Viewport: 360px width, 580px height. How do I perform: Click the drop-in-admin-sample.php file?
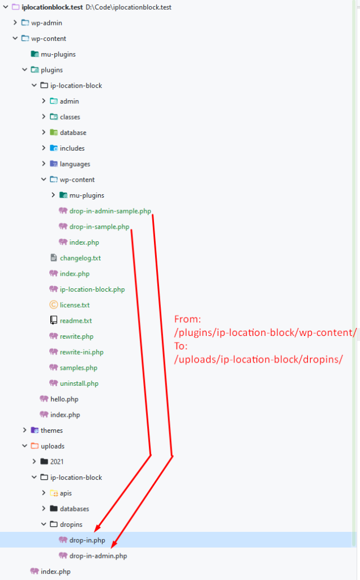pos(110,211)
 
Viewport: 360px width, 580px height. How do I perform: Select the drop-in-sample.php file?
pos(99,227)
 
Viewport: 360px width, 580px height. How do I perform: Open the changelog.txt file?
pos(80,258)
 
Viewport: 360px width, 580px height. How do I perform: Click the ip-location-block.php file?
pos(92,289)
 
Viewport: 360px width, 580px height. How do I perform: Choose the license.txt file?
pos(74,305)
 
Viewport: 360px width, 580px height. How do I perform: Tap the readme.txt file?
pos(75,321)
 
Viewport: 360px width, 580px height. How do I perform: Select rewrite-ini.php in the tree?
pos(82,352)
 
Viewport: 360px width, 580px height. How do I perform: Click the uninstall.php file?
pos(79,383)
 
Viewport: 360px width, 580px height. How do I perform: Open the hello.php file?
pos(64,399)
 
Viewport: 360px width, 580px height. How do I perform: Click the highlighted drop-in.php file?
pos(87,540)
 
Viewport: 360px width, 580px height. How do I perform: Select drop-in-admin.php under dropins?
pos(98,556)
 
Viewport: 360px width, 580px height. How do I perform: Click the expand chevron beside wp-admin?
pos(15,23)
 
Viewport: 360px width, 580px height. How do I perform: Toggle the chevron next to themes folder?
pos(24,430)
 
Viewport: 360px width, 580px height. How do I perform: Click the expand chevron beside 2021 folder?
pos(34,462)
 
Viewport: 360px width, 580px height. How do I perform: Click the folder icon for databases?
pos(54,509)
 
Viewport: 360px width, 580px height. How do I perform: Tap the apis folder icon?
pos(54,493)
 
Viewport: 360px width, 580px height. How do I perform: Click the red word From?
pos(188,319)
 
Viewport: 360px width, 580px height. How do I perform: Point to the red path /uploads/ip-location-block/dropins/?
pos(259,359)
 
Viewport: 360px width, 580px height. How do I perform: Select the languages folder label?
pos(75,164)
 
